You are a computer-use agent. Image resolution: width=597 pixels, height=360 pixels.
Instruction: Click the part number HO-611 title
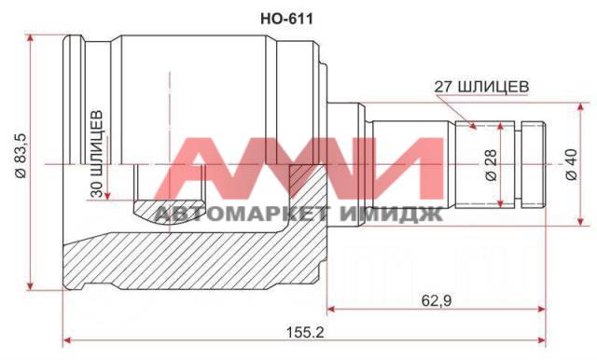pyautogui.click(x=286, y=19)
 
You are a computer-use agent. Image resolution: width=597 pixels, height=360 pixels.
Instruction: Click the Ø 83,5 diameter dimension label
pyautogui.click(x=21, y=156)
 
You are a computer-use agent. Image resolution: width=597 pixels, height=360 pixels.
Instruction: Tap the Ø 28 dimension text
pyautogui.click(x=492, y=165)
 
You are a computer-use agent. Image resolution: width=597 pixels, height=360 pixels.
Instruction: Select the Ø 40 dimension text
pyautogui.click(x=572, y=164)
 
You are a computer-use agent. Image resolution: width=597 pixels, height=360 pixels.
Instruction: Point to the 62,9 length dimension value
pyautogui.click(x=437, y=301)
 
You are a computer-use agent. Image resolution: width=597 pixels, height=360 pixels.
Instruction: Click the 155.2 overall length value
pyautogui.click(x=305, y=333)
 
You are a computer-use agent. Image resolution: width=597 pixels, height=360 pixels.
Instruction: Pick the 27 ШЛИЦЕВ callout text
pyautogui.click(x=481, y=87)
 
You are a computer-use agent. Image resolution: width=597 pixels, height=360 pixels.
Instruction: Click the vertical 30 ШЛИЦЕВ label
pyautogui.click(x=97, y=154)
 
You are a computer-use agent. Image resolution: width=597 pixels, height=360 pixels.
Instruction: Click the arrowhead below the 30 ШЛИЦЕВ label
pyautogui.click(x=107, y=195)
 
